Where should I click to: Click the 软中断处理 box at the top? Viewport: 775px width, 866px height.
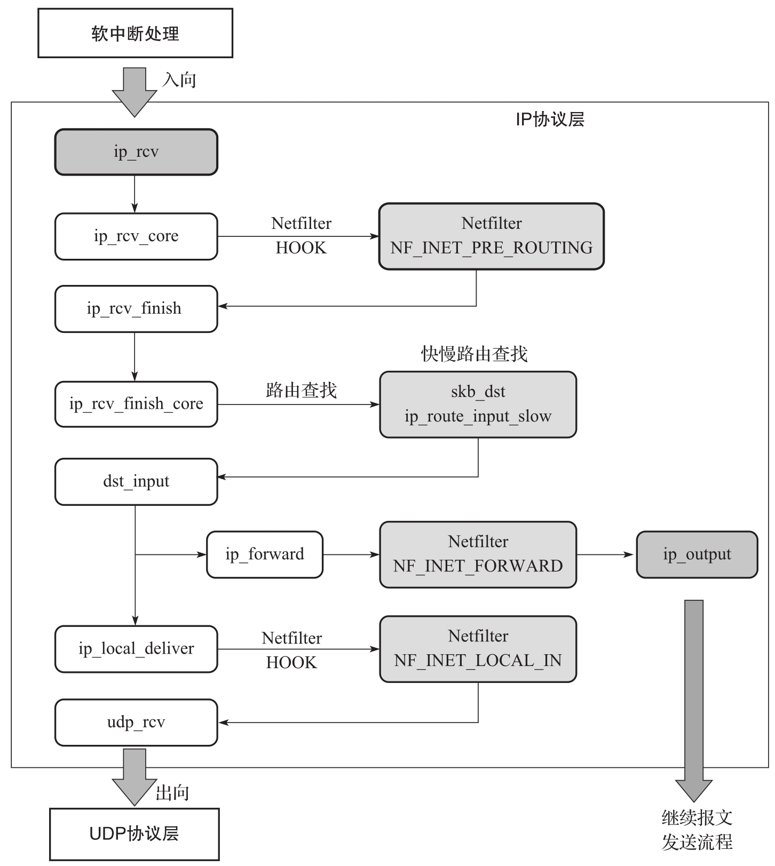(135, 33)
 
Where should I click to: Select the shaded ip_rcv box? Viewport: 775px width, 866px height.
(136, 152)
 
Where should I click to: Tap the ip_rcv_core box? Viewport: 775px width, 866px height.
(136, 236)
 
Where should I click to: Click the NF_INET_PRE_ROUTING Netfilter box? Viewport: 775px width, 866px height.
(491, 236)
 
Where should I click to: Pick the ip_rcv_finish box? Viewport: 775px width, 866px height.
(136, 309)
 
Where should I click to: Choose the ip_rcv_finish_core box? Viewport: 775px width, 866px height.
(136, 404)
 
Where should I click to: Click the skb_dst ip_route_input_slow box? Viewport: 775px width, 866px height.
(478, 404)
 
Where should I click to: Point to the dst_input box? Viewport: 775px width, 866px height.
(136, 481)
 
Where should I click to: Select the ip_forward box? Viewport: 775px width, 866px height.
(265, 554)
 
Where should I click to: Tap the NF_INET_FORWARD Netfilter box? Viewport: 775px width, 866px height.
(478, 554)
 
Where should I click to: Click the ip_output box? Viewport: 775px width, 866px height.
(697, 554)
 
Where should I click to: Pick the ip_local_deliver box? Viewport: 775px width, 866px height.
(136, 649)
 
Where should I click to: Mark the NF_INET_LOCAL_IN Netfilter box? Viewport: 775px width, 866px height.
(478, 649)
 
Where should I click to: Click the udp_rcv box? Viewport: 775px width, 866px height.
(136, 722)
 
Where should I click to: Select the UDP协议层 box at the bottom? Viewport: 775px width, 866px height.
(134, 834)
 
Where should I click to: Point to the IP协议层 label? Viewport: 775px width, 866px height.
(550, 120)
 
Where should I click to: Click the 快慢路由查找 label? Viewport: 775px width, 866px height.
(474, 354)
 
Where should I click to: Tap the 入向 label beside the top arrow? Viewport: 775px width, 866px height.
(179, 80)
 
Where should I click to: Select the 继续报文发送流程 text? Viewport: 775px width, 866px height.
(697, 830)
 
